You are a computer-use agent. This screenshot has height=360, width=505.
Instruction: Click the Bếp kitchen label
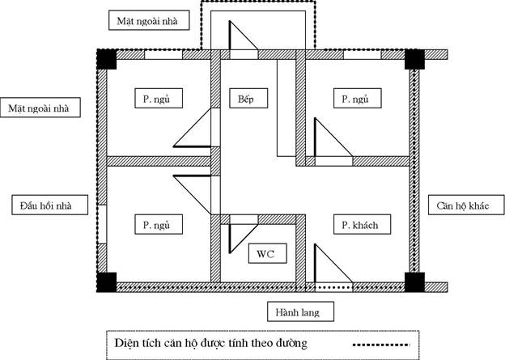[247, 99]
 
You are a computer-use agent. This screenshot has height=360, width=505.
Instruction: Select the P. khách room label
[355, 224]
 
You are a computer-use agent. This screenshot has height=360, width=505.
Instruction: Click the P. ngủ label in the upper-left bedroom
[154, 99]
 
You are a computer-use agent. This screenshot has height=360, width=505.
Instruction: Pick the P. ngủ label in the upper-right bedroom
[351, 99]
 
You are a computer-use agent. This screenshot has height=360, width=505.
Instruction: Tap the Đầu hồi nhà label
[41, 205]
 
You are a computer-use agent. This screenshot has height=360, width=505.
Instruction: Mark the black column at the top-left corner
[106, 59]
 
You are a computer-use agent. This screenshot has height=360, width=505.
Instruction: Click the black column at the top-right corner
[415, 59]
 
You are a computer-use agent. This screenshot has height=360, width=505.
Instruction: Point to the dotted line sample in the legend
[380, 345]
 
